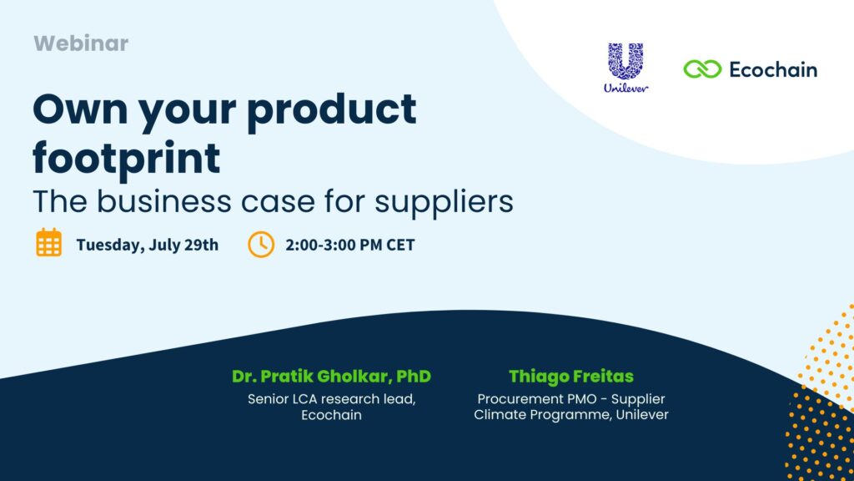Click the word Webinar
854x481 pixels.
pyautogui.click(x=81, y=43)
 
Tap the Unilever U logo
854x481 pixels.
pyautogui.click(x=625, y=61)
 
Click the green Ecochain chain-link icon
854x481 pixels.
pyautogui.click(x=702, y=69)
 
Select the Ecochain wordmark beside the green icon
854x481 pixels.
pyautogui.click(x=773, y=70)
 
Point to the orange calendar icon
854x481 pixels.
pyautogui.click(x=48, y=243)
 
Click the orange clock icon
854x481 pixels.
pyautogui.click(x=261, y=245)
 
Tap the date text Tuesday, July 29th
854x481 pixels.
pyautogui.click(x=147, y=245)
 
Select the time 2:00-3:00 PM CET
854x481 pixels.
pyautogui.click(x=349, y=245)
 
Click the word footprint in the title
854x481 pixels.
pyautogui.click(x=127, y=159)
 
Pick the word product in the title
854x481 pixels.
pyautogui.click(x=332, y=111)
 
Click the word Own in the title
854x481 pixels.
pyautogui.click(x=80, y=109)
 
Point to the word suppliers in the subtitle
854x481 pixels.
pyautogui.click(x=444, y=202)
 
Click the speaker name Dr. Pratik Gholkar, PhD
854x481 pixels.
pyautogui.click(x=331, y=377)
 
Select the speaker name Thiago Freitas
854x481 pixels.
pyautogui.click(x=570, y=377)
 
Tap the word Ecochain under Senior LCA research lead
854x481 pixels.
pyautogui.click(x=331, y=415)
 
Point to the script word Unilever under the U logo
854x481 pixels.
pyautogui.click(x=625, y=88)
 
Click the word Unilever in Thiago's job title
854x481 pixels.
pyautogui.click(x=642, y=415)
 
